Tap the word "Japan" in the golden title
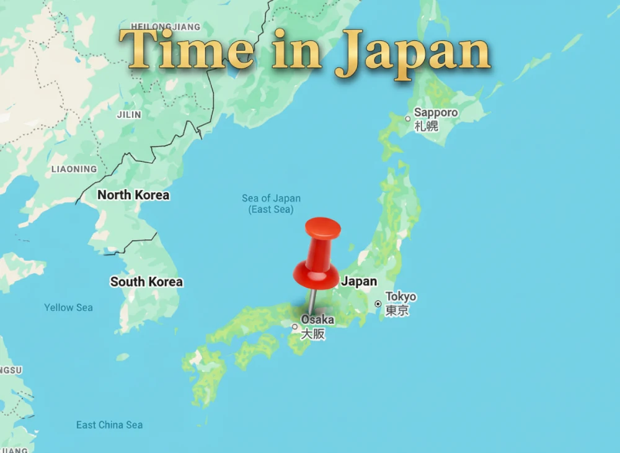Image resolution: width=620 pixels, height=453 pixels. (413, 52)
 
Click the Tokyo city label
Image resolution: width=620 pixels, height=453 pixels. (401, 297)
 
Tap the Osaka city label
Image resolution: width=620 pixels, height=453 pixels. (317, 320)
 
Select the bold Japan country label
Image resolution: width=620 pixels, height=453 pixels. (359, 281)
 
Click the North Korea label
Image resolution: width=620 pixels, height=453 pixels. (133, 195)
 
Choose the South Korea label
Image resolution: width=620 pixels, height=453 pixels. (146, 282)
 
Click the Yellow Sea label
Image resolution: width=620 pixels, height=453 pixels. (68, 307)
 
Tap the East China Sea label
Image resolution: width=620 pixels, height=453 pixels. (109, 425)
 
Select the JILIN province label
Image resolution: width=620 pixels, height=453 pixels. (129, 114)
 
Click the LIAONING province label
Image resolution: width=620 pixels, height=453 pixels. (74, 169)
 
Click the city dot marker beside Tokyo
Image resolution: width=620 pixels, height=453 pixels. (378, 304)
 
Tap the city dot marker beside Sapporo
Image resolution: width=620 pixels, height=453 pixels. (407, 119)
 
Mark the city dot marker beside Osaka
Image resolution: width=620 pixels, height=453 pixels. (294, 326)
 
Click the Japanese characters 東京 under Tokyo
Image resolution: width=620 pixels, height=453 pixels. (397, 311)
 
